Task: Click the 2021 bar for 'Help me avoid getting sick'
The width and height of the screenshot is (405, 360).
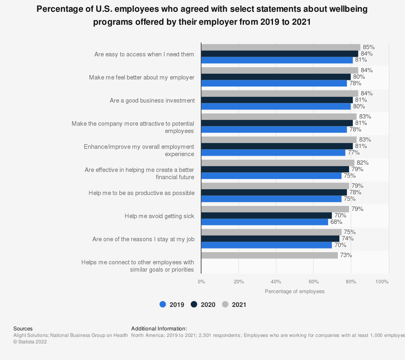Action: pos(275,209)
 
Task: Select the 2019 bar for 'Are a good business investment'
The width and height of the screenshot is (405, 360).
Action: pos(276,107)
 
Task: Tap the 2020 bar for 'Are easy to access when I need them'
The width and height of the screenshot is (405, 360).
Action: pos(279,54)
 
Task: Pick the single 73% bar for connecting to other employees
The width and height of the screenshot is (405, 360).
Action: pos(269,255)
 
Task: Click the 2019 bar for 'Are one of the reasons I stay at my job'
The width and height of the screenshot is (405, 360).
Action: pos(266,245)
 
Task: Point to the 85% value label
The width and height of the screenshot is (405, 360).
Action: pos(369,47)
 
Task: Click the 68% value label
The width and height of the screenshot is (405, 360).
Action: pos(336,222)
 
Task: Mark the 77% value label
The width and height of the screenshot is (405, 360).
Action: pos(354,153)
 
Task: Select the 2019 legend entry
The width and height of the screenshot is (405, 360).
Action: pos(172,305)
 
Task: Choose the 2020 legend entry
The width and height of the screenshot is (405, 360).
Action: pos(204,305)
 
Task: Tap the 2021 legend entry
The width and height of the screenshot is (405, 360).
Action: pos(234,305)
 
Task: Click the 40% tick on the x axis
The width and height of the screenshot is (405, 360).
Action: pos(276,281)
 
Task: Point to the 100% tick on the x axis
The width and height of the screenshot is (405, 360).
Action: pos(382,281)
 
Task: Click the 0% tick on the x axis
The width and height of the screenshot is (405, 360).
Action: pos(201,281)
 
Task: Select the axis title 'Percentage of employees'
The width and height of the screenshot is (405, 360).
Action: pos(294,291)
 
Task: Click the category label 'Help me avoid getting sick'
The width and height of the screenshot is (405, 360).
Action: pos(159,216)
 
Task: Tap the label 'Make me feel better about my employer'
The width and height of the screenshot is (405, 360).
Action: pos(142,77)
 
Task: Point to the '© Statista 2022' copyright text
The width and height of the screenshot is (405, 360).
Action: pos(30,342)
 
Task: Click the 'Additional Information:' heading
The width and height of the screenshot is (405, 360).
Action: pos(159,329)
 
